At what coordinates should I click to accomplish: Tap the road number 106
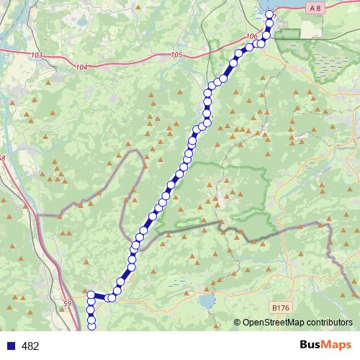coord(251,36)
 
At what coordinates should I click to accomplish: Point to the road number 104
coord(81,67)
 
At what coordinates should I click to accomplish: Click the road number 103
coord(38,55)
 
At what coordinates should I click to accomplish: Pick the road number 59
coord(68,303)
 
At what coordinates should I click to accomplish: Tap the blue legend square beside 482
coord(12,346)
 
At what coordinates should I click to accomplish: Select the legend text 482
coord(30,346)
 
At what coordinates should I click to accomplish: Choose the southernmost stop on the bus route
coord(91,326)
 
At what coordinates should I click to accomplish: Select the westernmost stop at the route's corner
coord(91,294)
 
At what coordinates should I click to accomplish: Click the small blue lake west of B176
coord(207,300)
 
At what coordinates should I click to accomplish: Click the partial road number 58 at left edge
coord(2,158)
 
